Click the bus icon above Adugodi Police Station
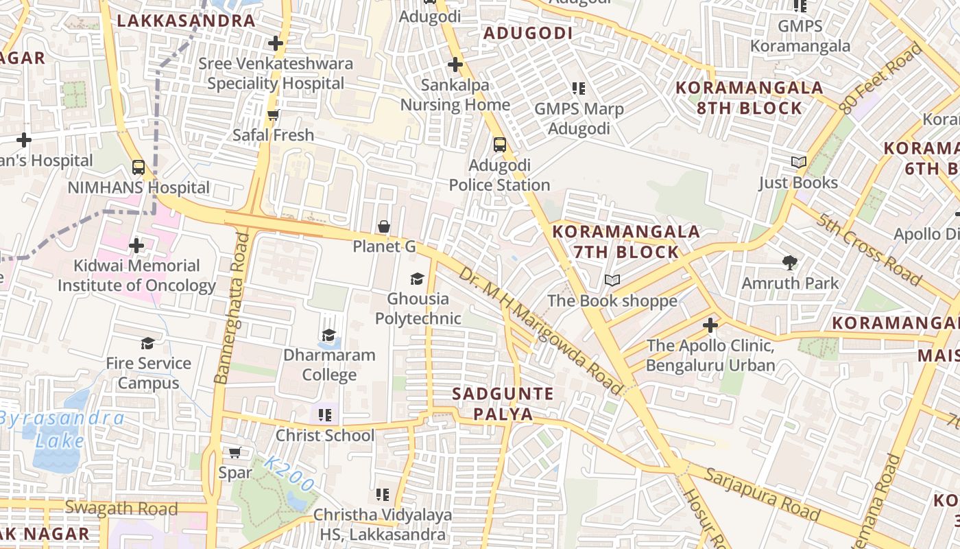coord(500,145)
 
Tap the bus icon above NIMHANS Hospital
coord(139,167)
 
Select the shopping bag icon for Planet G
coord(384,226)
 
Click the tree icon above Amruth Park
coord(790,262)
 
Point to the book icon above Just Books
coord(799,163)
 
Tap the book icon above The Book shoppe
coord(612,281)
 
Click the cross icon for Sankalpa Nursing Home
coord(455,65)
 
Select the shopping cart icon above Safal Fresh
coord(274,115)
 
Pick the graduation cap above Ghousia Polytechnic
coord(417,279)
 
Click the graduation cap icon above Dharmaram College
coord(329,335)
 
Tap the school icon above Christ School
coord(325,414)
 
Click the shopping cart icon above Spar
coord(235,452)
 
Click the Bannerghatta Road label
coord(232,308)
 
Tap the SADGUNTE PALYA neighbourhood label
coord(503,404)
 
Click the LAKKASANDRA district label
coord(186,21)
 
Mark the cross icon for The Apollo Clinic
coord(710,325)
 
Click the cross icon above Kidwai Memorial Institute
coord(136,245)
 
